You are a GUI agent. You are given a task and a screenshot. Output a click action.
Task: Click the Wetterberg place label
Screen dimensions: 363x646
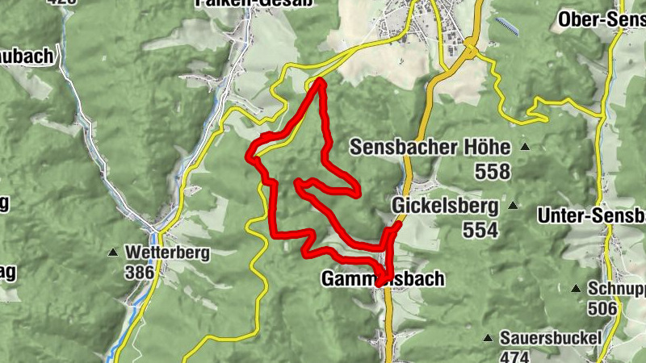coord(167,252)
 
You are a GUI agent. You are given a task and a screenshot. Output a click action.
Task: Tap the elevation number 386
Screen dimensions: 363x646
coord(140,272)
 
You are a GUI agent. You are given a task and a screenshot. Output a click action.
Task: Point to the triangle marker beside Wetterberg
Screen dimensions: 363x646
coord(112,252)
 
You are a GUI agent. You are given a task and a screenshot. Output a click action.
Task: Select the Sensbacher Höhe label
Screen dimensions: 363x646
coord(430,148)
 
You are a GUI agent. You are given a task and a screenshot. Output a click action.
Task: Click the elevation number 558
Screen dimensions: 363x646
coord(493,171)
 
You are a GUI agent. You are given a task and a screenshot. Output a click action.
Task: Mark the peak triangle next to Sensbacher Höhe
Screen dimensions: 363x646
coord(525,147)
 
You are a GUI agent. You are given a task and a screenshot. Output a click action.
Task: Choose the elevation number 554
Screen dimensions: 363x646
coord(481,229)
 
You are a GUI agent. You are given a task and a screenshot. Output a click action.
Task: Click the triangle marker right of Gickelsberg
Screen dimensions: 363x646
coord(512,206)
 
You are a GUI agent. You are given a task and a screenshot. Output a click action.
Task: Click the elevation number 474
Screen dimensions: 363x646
coord(514,357)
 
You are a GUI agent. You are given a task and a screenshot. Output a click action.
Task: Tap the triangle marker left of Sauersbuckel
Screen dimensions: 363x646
coord(488,336)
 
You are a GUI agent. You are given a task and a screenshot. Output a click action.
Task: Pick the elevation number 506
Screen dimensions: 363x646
coord(602,308)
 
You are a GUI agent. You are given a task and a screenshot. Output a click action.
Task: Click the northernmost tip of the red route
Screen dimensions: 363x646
coord(320,81)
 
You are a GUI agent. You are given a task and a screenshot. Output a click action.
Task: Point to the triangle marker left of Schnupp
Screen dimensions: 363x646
coord(576,288)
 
